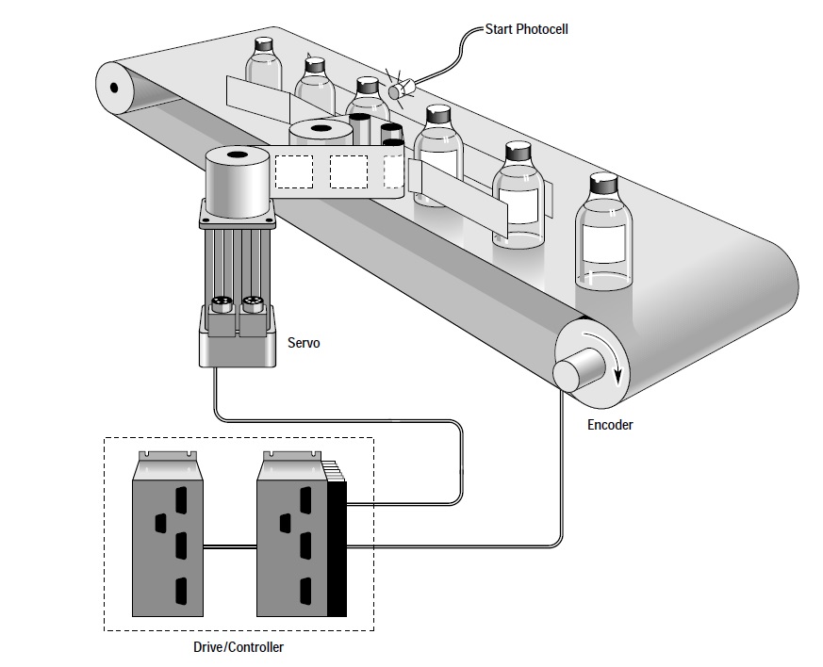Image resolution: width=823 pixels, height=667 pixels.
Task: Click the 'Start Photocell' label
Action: (x=526, y=29)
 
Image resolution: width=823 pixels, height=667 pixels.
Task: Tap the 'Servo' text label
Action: (x=304, y=343)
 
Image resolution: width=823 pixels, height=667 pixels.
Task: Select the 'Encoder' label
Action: (x=610, y=425)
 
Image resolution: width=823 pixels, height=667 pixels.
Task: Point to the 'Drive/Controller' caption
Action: (x=239, y=647)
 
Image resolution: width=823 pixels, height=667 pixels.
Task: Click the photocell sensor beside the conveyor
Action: (x=401, y=89)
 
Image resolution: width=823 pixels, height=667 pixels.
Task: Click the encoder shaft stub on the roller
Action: (x=577, y=368)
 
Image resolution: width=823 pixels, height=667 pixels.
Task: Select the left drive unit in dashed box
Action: (x=168, y=534)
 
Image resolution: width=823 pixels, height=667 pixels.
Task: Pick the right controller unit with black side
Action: (x=302, y=534)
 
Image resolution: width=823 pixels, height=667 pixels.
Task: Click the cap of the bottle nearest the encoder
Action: (x=603, y=184)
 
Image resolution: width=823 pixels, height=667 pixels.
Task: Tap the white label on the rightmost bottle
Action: (x=604, y=242)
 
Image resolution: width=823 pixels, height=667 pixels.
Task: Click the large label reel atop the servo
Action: (x=238, y=181)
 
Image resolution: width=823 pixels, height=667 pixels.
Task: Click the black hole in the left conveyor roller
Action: (x=114, y=87)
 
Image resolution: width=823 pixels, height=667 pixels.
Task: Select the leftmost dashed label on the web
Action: (x=294, y=171)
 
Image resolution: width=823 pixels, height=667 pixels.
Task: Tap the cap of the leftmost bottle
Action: (x=263, y=44)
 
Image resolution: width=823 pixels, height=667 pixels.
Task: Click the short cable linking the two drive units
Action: (x=230, y=547)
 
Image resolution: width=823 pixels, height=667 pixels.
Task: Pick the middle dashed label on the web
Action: (x=349, y=171)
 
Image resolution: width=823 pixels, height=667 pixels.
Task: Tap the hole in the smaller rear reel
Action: (x=320, y=128)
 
